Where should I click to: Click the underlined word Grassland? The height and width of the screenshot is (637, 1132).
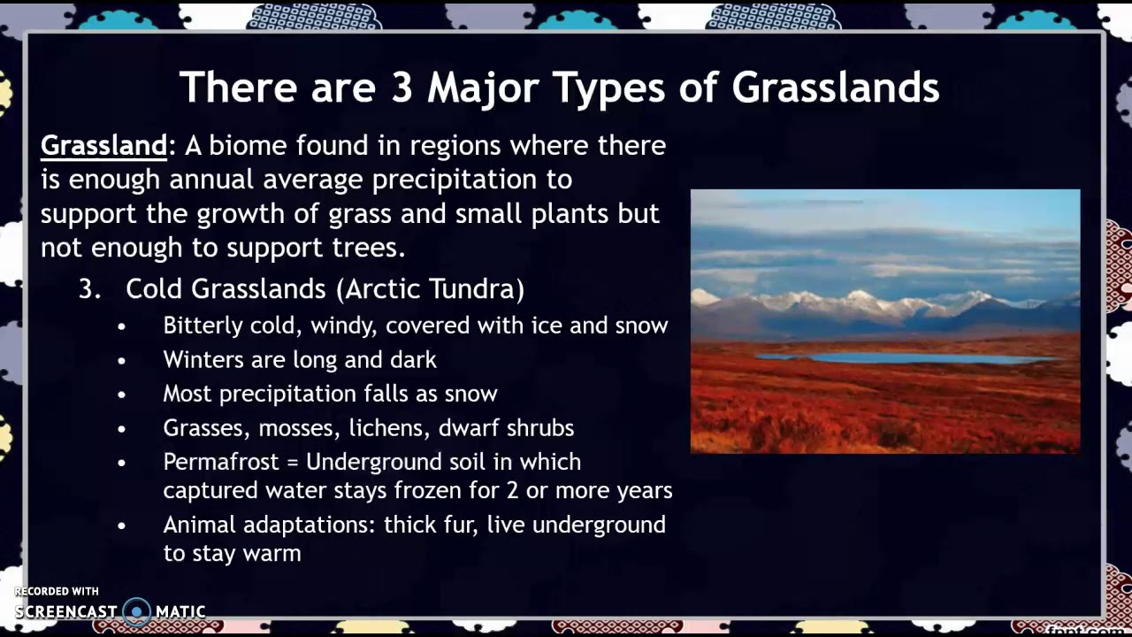[x=103, y=145]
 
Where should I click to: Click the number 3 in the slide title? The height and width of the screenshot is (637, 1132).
[x=402, y=87]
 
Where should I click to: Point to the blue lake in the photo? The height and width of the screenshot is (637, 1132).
[x=902, y=358]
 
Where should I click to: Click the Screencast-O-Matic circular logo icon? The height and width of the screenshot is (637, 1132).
[x=137, y=611]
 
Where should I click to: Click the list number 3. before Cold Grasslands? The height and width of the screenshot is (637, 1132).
[x=90, y=289]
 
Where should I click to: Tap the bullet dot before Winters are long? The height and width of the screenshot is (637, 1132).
[x=122, y=360]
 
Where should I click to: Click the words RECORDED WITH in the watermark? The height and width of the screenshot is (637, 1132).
[x=57, y=591]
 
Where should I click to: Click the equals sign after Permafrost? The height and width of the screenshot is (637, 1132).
[x=295, y=463]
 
